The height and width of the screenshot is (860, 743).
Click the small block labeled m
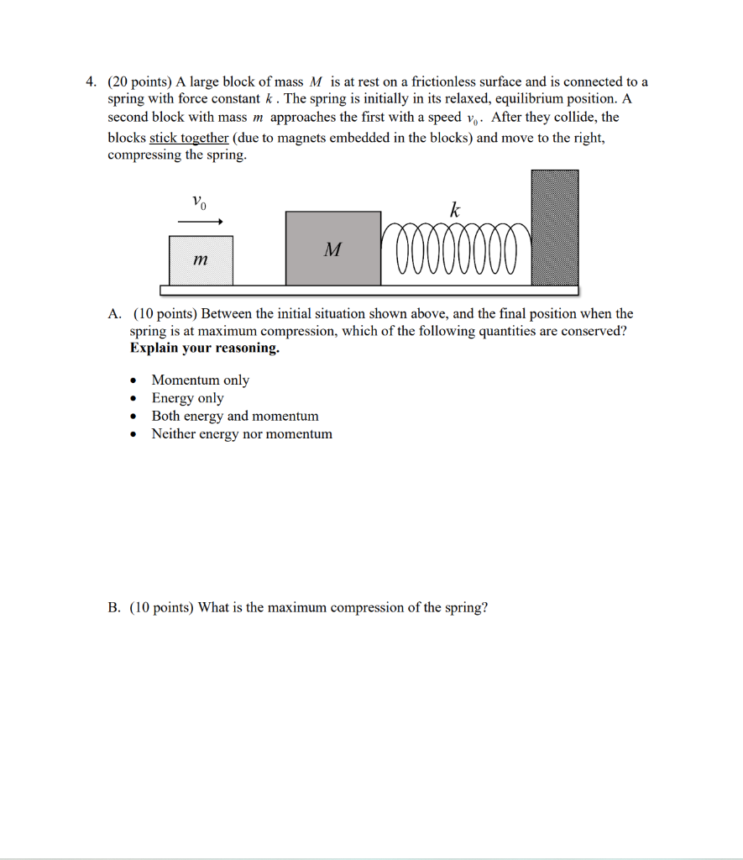point(201,261)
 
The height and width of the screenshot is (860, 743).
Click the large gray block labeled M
point(332,249)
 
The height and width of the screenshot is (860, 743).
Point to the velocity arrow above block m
point(200,223)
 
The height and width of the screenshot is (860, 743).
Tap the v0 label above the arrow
point(198,202)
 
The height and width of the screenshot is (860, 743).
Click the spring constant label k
point(454,210)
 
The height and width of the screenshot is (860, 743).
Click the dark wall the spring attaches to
point(555,228)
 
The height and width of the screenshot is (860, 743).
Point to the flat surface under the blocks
point(369,291)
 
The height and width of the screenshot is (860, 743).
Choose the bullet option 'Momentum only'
point(200,380)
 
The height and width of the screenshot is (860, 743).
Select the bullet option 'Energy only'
point(187,398)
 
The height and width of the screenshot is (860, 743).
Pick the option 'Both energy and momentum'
point(234,416)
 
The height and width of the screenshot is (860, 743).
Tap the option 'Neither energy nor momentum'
point(241,434)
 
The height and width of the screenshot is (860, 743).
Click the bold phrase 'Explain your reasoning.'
point(205,349)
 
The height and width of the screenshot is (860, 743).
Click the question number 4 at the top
point(90,82)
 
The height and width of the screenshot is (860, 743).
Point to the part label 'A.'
point(115,314)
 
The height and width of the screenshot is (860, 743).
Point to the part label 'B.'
point(114,607)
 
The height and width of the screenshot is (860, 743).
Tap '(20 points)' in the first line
point(139,82)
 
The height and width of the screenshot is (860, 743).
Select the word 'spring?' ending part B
point(466,607)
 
